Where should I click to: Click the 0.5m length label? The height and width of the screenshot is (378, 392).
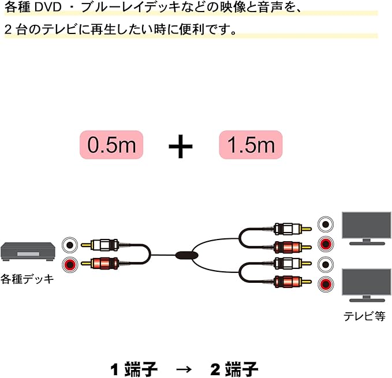pyautogui.click(x=111, y=144)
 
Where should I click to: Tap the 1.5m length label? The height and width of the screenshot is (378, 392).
pyautogui.click(x=251, y=144)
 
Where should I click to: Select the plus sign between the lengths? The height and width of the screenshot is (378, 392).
pyautogui.click(x=181, y=147)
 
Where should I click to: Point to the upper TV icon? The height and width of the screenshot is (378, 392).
pyautogui.click(x=365, y=227)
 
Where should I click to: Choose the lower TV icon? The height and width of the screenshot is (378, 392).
pyautogui.click(x=365, y=284)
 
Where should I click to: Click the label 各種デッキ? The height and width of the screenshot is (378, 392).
pyautogui.click(x=27, y=279)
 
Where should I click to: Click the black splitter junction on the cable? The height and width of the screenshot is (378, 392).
pyautogui.click(x=186, y=254)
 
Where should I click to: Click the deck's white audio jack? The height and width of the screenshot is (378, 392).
pyautogui.click(x=70, y=245)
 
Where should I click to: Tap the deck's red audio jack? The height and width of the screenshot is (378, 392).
pyautogui.click(x=70, y=265)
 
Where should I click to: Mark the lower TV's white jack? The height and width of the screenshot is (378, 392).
pyautogui.click(x=327, y=265)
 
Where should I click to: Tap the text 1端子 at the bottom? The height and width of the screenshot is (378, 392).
pyautogui.click(x=134, y=368)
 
